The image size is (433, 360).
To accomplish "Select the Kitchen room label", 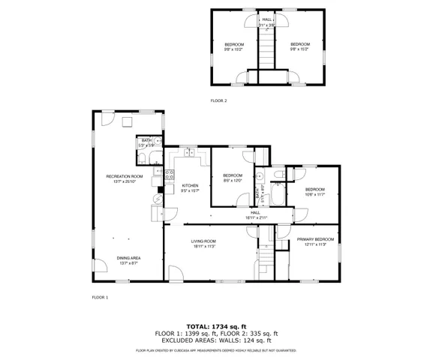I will (190, 188).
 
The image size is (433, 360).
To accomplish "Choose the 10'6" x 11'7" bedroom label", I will (314, 191).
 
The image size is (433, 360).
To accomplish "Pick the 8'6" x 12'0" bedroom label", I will (233, 178).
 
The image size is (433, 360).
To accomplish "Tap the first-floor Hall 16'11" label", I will (255, 215).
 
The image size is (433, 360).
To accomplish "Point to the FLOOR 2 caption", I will (218, 100).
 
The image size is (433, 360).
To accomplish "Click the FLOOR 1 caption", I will (100, 298).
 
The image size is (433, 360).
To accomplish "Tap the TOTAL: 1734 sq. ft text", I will (216, 326).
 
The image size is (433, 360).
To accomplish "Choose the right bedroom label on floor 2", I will (300, 47).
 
